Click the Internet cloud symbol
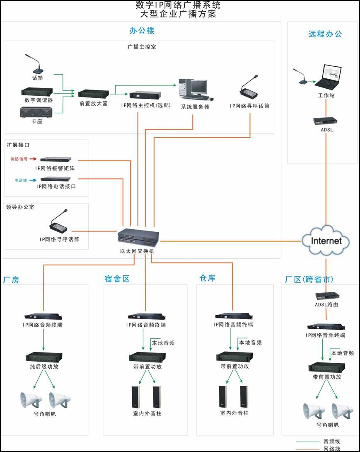point(326,240)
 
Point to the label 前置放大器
point(94,104)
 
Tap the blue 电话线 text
point(20,180)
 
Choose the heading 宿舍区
point(117,279)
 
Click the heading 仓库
point(208,278)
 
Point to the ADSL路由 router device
point(327,296)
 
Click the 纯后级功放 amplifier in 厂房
point(43,357)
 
